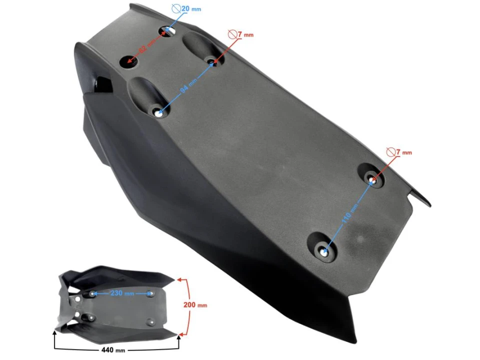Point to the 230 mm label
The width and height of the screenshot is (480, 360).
click(x=122, y=293)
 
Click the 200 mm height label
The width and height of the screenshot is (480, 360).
click(x=194, y=304)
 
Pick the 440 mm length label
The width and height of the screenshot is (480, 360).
click(x=113, y=350)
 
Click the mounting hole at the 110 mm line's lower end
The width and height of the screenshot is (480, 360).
click(x=324, y=253)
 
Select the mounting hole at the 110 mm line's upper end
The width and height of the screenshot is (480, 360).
click(x=372, y=178)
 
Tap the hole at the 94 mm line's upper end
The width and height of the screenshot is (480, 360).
click(x=211, y=62)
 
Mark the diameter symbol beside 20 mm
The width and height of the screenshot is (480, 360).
click(x=176, y=8)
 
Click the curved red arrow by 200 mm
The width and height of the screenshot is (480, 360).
click(x=187, y=305)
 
